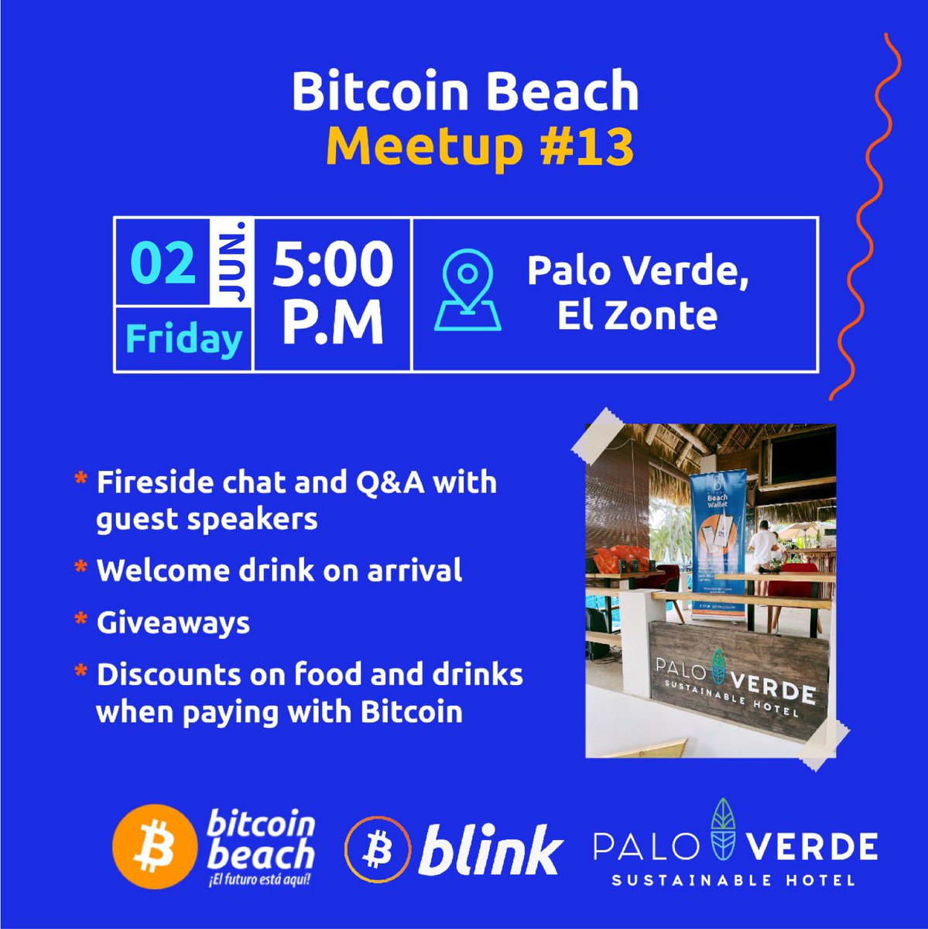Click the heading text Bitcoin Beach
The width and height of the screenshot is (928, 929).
(x=465, y=92)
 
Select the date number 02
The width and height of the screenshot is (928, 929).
(x=163, y=263)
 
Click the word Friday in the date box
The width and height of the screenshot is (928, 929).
(x=183, y=339)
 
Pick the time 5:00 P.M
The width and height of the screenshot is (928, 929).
(x=333, y=294)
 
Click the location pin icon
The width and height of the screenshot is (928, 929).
(x=467, y=291)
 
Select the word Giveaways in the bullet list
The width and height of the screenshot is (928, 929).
(x=173, y=623)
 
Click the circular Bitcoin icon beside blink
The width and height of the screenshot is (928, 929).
(x=378, y=851)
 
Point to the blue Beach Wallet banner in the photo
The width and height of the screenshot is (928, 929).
(x=720, y=542)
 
